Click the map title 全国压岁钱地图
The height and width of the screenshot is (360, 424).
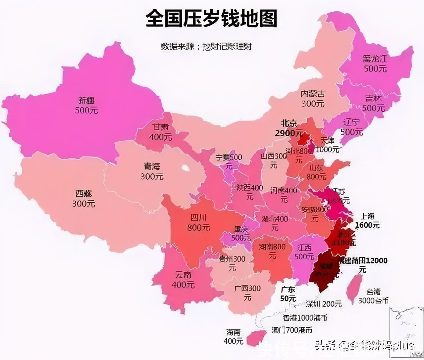point(211,19)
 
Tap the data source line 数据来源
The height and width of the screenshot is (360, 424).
point(206,46)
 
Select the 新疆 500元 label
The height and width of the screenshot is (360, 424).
point(86,105)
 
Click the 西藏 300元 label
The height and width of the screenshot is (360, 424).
point(83,199)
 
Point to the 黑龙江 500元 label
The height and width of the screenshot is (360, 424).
point(375,64)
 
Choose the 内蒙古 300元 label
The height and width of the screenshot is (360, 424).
point(313,99)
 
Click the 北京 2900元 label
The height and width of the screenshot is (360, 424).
point(289,128)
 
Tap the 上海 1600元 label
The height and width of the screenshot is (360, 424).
point(367,221)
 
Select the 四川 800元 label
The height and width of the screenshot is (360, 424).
point(198,222)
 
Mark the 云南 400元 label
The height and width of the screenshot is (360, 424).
point(183,280)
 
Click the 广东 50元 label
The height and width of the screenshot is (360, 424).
point(288,294)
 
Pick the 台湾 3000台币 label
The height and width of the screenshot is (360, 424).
point(373,296)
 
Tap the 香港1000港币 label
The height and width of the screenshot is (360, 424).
point(305,318)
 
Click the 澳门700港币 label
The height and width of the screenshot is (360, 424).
point(291,330)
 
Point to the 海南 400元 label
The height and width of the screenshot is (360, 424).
point(234,336)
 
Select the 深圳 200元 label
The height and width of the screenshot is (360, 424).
point(323,303)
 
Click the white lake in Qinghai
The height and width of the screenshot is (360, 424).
point(185,168)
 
